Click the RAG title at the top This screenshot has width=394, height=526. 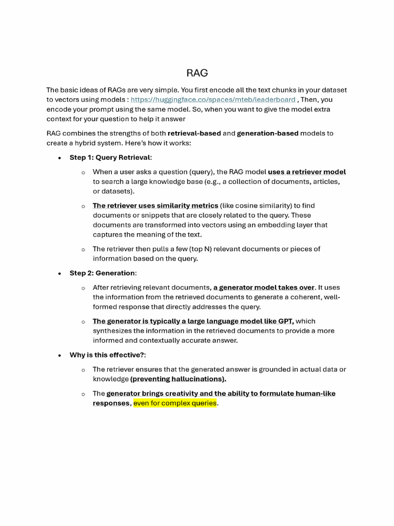[x=197, y=73]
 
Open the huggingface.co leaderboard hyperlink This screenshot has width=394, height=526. [x=212, y=100]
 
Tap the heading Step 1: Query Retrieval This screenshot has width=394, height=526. [x=110, y=158]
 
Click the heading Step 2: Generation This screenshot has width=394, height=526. [x=103, y=273]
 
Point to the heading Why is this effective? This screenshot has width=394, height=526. [x=111, y=355]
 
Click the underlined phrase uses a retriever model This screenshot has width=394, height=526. [x=307, y=172]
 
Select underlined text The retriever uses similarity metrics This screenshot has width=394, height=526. [x=155, y=205]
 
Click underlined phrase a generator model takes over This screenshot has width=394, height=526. [x=264, y=288]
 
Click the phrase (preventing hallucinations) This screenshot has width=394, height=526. [x=178, y=379]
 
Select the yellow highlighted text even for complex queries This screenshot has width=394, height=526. [x=174, y=404]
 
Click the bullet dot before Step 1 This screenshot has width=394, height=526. [x=60, y=158]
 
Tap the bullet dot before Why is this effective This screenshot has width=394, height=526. [x=60, y=355]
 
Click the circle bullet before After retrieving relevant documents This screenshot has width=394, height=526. [x=83, y=288]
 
